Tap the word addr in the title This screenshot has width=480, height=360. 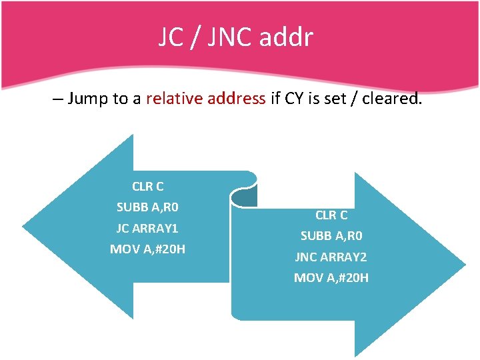(287, 37)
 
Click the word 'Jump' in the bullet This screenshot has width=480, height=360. (89, 99)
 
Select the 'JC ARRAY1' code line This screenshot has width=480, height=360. (147, 228)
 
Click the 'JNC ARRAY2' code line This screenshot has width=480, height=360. (331, 257)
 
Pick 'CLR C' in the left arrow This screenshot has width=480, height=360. (147, 187)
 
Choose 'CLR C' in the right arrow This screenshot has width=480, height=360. (331, 215)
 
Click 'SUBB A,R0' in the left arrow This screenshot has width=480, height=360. (147, 207)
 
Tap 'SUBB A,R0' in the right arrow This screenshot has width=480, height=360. (331, 236)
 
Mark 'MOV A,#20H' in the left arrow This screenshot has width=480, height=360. (147, 249)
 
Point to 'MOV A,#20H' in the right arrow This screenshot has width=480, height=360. (331, 277)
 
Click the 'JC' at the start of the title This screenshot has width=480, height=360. (171, 37)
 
